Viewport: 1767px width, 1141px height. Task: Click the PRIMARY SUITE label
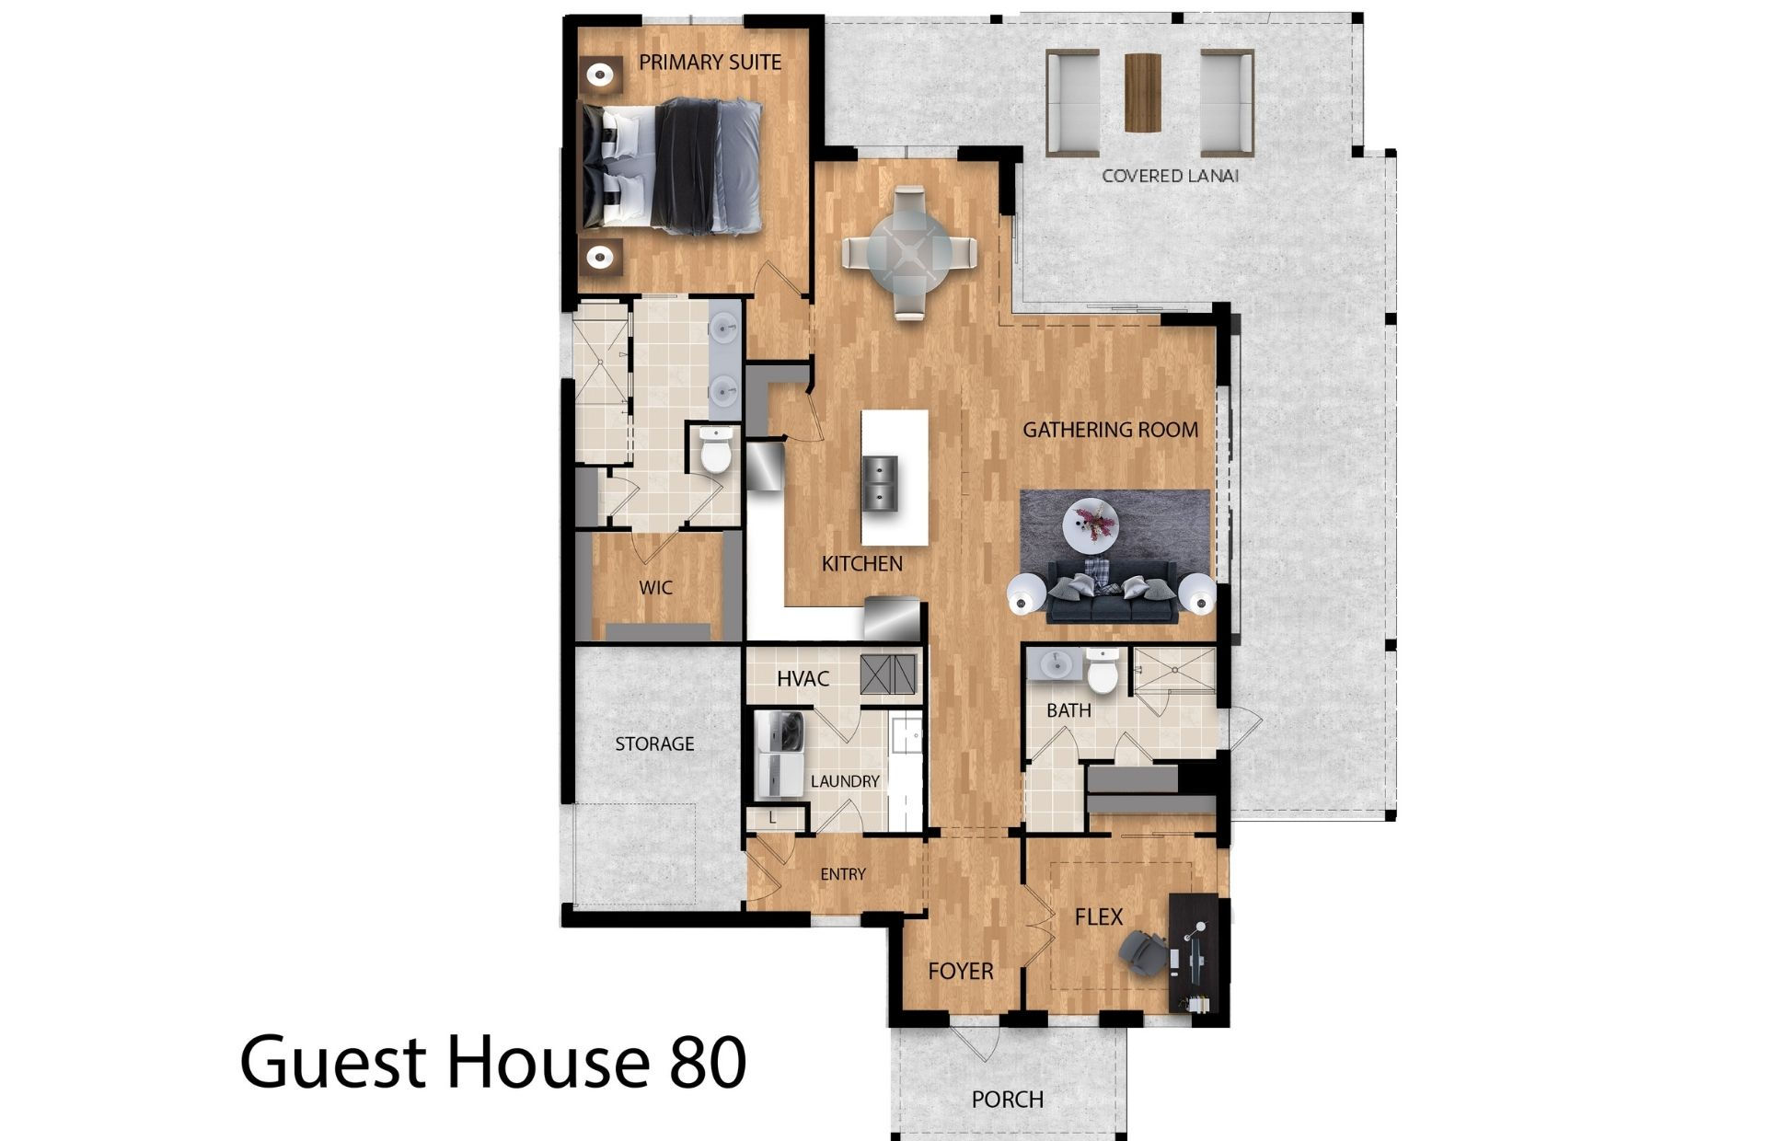pos(710,63)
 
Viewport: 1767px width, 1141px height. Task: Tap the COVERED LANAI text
pos(1170,176)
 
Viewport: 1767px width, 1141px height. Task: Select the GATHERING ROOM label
pos(1110,430)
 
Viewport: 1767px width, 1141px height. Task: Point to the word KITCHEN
pos(861,564)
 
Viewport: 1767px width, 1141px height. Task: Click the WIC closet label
pos(655,588)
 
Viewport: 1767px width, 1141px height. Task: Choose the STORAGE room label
pos(654,743)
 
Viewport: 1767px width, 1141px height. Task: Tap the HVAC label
pos(803,679)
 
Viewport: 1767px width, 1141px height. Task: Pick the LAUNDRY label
pos(845,781)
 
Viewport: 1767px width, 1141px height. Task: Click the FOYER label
pos(960,971)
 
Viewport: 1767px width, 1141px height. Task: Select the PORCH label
pos(1007,1100)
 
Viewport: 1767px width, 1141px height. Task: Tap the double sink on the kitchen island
pos(879,484)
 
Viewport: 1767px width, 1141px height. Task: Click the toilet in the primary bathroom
pos(714,450)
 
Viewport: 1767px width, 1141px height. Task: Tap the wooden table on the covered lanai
pos(1143,93)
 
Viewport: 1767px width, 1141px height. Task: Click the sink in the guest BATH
pos(1056,663)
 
